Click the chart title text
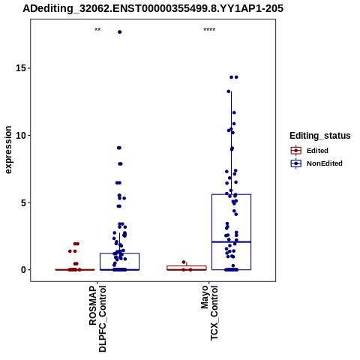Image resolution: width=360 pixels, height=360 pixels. pyautogui.click(x=153, y=9)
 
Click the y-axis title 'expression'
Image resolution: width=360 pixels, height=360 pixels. pyautogui.click(x=8, y=150)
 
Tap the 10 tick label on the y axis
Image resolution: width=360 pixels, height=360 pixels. pyautogui.click(x=21, y=135)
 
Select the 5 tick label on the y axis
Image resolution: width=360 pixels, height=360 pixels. pyautogui.click(x=24, y=202)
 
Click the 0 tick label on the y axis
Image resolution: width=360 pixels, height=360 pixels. pyautogui.click(x=24, y=270)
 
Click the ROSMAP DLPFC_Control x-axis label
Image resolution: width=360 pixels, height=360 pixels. pyautogui.click(x=97, y=319)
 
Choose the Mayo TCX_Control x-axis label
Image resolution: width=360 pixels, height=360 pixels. pyautogui.click(x=209, y=313)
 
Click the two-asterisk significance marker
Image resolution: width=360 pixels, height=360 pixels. pyautogui.click(x=97, y=30)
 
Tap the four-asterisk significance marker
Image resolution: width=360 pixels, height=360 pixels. pyautogui.click(x=209, y=30)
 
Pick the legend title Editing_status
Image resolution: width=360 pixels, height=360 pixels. pyautogui.click(x=320, y=136)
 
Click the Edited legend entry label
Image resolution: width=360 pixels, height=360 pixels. pyautogui.click(x=317, y=151)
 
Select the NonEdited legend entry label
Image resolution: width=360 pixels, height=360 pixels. pyautogui.click(x=325, y=163)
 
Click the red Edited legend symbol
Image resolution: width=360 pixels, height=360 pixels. pyautogui.click(x=296, y=151)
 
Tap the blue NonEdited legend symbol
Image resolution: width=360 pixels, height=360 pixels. pyautogui.click(x=296, y=163)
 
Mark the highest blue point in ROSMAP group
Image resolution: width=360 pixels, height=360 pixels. pyautogui.click(x=120, y=32)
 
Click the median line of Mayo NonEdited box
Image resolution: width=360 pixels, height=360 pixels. pyautogui.click(x=232, y=241)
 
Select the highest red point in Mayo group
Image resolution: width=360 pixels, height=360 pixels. pyautogui.click(x=184, y=262)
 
